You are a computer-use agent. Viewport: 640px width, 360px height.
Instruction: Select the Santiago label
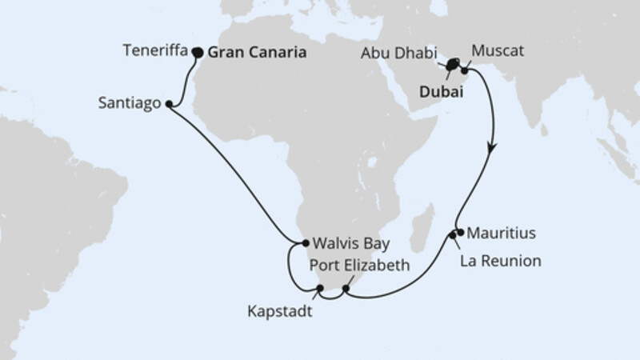pos(130,103)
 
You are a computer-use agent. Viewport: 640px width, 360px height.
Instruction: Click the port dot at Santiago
pos(170,104)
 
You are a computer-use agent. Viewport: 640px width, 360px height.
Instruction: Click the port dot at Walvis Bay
pos(305,242)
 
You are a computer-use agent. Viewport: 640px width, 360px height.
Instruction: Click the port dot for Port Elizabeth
pos(346,289)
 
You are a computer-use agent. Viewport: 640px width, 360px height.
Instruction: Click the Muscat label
pos(498,51)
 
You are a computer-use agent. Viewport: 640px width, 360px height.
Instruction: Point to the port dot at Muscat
pos(467,70)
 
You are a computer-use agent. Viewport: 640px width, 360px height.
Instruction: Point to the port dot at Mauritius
pos(459,233)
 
